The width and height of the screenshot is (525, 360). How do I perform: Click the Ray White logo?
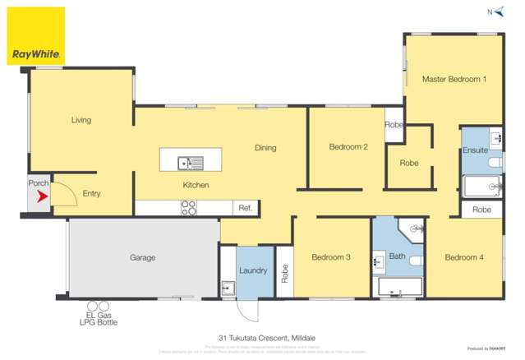pyautogui.click(x=35, y=36)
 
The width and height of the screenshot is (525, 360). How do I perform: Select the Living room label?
pyautogui.click(x=81, y=120)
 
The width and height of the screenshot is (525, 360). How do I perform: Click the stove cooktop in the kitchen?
pyautogui.click(x=189, y=208)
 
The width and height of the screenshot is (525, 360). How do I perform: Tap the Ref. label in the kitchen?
pyautogui.click(x=245, y=208)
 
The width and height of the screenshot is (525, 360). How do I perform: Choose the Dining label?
pyautogui.click(x=265, y=148)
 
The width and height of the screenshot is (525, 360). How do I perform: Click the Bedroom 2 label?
pyautogui.click(x=348, y=147)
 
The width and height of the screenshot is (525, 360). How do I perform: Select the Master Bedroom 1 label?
pyautogui.click(x=454, y=79)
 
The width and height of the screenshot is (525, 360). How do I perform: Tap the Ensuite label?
pyautogui.click(x=475, y=150)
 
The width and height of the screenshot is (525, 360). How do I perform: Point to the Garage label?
pyautogui.click(x=142, y=257)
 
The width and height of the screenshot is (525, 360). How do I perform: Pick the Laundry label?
pyautogui.click(x=251, y=270)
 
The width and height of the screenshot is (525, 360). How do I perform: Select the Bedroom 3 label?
pyautogui.click(x=331, y=257)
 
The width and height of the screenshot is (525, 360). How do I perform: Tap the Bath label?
pyautogui.click(x=397, y=256)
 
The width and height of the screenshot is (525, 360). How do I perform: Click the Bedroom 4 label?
pyautogui.click(x=464, y=257)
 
